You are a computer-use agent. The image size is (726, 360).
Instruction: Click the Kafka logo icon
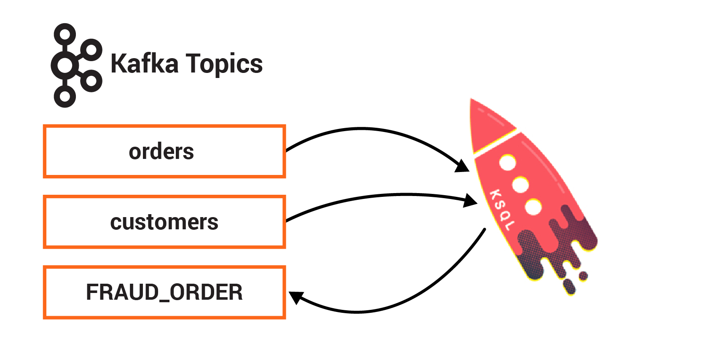[76, 65]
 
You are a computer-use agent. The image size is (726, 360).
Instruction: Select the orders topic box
[164, 151]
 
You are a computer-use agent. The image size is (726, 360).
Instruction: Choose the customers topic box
[164, 222]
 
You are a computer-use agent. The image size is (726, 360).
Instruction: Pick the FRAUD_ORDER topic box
[164, 292]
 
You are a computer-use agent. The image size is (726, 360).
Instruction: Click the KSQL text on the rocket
[502, 210]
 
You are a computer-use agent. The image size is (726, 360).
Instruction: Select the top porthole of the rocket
[508, 162]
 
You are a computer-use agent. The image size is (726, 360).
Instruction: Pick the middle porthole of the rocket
[521, 185]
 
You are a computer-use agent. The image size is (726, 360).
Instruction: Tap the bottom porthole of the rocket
[534, 207]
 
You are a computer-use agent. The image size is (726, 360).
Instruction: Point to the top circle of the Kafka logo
[65, 34]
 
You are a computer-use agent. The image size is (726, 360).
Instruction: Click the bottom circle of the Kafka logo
[65, 97]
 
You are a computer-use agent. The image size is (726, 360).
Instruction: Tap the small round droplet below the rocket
[583, 276]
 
